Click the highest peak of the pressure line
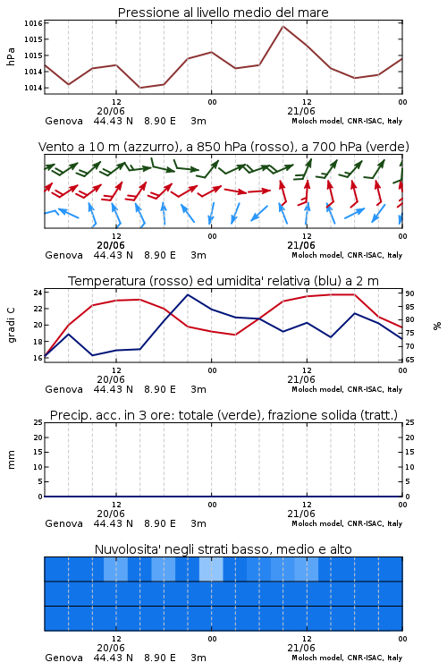(x=283, y=26)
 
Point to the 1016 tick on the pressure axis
(x=33, y=23)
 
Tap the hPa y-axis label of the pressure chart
(x=11, y=56)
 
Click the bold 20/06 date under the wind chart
(x=111, y=245)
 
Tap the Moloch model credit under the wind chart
(x=347, y=255)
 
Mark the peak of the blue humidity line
(x=188, y=294)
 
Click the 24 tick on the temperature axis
(x=38, y=293)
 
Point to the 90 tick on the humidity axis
(x=409, y=293)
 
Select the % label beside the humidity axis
(x=437, y=326)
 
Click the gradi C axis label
(x=11, y=325)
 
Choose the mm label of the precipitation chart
(x=11, y=460)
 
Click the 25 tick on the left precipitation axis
(x=38, y=422)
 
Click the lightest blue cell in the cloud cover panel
(x=211, y=569)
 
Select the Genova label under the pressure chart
(x=63, y=121)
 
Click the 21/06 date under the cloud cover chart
(x=301, y=648)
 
